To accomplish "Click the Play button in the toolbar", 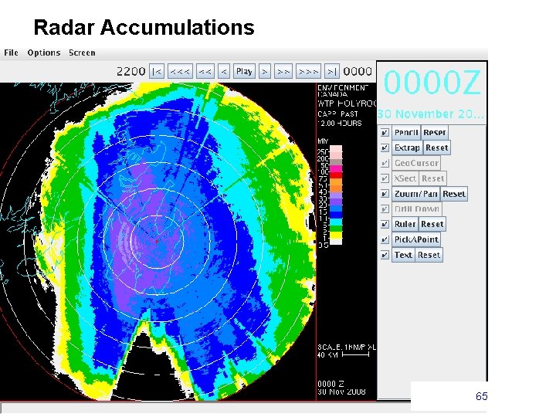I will coord(244,71).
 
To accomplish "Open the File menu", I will coord(12,53).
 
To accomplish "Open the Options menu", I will coord(43,53).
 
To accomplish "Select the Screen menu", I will coord(82,53).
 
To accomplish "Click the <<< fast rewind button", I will coord(181,71).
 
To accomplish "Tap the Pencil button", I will coord(406,132).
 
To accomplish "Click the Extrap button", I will coord(406,147).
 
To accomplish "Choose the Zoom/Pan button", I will coord(415,194).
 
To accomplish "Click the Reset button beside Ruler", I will coord(432,224).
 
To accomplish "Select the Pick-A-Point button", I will coord(416,239).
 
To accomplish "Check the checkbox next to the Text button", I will coord(384,255).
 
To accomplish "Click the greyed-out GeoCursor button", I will coord(416,163).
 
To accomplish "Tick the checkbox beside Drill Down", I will coord(384,208).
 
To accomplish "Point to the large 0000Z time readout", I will coord(432,82).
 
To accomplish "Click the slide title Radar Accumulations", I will coord(144,28).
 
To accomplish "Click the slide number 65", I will coord(481,396).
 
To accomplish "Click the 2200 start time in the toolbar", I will coord(131,71).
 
